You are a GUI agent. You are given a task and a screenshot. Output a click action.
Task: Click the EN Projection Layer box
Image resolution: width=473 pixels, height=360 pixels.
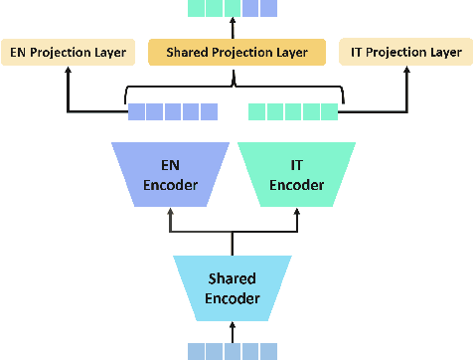[x=67, y=52]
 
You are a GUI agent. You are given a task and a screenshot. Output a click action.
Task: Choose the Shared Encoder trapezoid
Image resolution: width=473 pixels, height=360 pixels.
[x=233, y=287]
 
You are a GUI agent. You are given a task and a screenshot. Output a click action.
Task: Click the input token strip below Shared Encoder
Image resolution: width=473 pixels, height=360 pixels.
[x=233, y=349]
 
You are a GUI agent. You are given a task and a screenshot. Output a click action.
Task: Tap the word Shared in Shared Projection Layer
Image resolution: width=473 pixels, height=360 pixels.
[x=189, y=52]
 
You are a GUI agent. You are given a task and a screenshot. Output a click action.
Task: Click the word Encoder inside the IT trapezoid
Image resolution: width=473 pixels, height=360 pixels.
[x=295, y=185]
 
